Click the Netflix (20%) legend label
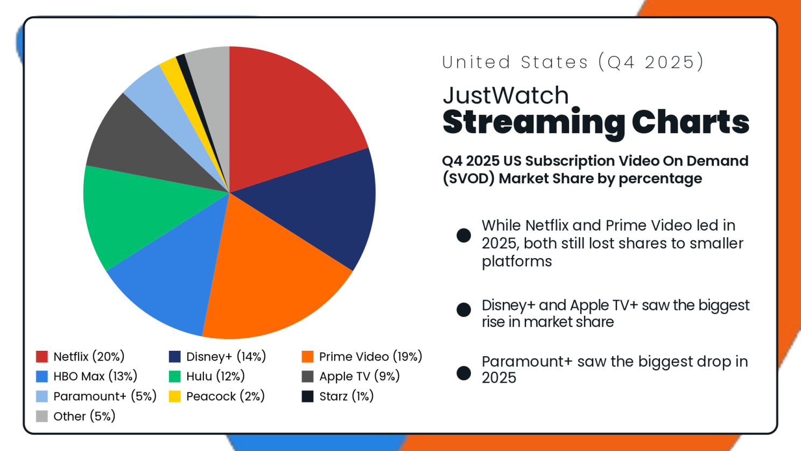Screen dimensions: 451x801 pos(89,357)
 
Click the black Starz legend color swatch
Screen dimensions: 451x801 pos(307,397)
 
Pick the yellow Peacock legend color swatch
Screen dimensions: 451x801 pos(174,397)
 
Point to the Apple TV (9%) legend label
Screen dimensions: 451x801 pos(359,376)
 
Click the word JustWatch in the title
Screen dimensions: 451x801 pos(505,96)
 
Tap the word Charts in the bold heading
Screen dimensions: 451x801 pos(691,122)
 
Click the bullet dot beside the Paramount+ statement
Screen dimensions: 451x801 pos(463,373)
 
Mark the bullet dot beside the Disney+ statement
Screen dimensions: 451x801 pos(463,309)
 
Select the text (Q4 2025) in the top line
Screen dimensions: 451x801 pos(650,63)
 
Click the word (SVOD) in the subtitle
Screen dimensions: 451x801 pos(468,179)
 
